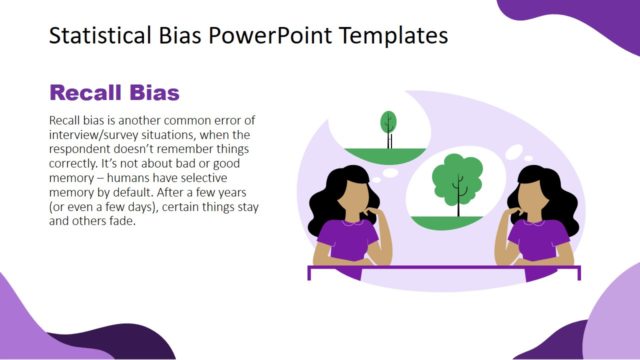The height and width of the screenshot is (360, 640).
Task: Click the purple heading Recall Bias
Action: [114, 93]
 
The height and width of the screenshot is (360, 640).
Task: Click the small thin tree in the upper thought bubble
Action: [388, 123]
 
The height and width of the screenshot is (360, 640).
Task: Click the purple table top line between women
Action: [440, 267]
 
